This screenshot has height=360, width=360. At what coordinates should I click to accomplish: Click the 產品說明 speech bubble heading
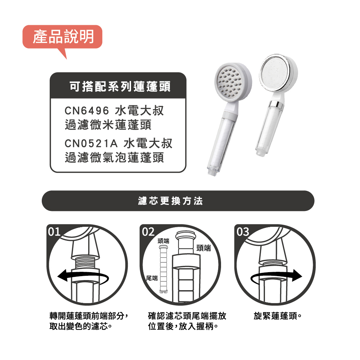(x=63, y=37)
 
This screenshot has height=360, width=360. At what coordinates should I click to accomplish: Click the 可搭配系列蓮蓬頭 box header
(x=120, y=86)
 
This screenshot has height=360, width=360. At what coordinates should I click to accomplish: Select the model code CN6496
(x=86, y=111)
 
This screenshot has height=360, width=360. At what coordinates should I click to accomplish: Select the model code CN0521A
(x=91, y=144)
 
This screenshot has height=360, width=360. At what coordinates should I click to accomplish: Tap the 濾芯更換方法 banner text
(x=171, y=201)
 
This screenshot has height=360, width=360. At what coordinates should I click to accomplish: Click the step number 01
(x=54, y=231)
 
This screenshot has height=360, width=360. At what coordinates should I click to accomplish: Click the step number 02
(x=148, y=232)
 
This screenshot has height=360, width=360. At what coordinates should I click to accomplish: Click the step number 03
(x=243, y=232)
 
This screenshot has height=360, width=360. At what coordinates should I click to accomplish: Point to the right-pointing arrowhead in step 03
(x=297, y=275)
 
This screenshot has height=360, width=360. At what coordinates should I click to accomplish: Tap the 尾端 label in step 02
(x=152, y=278)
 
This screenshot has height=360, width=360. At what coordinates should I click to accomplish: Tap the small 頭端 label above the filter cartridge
(x=163, y=241)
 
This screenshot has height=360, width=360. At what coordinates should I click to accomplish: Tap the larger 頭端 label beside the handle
(x=204, y=248)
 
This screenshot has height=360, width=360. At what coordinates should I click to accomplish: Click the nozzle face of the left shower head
(x=229, y=81)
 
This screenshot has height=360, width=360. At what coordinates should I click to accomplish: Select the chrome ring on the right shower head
(x=276, y=104)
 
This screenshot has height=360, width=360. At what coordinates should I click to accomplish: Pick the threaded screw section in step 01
(x=85, y=262)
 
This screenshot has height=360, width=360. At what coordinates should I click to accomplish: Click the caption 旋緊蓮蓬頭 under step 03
(x=278, y=316)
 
